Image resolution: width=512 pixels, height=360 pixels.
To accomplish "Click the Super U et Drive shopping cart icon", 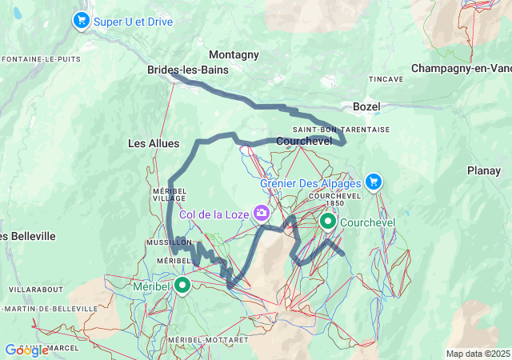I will click(81, 20).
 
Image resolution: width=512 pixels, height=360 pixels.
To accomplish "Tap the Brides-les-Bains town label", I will click(187, 70).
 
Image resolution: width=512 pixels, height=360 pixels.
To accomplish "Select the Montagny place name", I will click(234, 54).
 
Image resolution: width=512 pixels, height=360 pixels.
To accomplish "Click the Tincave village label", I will click(386, 79).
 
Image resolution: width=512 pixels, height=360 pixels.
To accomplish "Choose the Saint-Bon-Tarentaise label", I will click(341, 129).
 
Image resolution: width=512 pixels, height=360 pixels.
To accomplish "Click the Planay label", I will click(484, 170).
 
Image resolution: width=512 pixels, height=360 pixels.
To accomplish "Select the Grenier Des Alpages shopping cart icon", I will click(373, 182).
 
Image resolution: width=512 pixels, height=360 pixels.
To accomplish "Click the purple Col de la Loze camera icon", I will click(261, 213).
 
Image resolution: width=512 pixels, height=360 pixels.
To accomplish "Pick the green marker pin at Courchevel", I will click(328, 221).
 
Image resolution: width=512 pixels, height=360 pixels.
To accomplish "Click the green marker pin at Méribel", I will click(182, 284).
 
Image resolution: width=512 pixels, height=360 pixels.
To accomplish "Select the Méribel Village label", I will click(169, 194).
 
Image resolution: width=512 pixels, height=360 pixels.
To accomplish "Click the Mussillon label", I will click(167, 241).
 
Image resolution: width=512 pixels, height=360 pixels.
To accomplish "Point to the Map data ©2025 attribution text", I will click(477, 354).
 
